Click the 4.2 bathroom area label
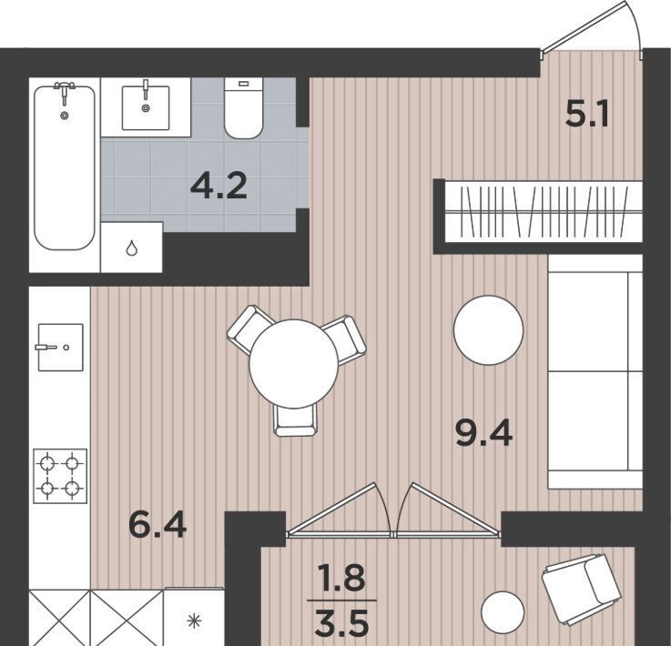219,187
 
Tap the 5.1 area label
586,115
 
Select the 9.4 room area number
484,433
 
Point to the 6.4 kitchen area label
158,525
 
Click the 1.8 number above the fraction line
341,578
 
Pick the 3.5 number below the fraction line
341,623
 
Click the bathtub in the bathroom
65,167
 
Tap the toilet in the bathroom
243,108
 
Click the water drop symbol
131,247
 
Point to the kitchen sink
60,348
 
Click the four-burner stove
60,476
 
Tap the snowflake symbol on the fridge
194,621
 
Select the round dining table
293,364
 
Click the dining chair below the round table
295,420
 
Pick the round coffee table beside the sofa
488,330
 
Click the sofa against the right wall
595,371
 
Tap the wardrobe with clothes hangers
544,212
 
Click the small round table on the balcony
503,612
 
